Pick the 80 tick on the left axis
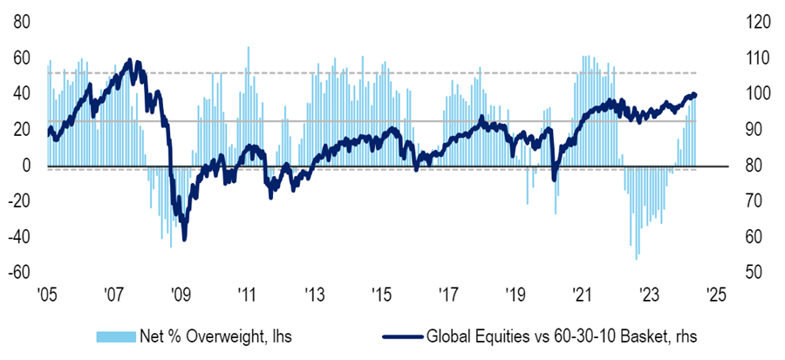tap(21, 21)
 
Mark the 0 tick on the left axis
tap(25, 165)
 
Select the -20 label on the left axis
tap(18, 200)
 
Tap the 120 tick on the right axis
tap(755, 21)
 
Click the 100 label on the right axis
tap(755, 93)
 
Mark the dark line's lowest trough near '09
tap(184, 239)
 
